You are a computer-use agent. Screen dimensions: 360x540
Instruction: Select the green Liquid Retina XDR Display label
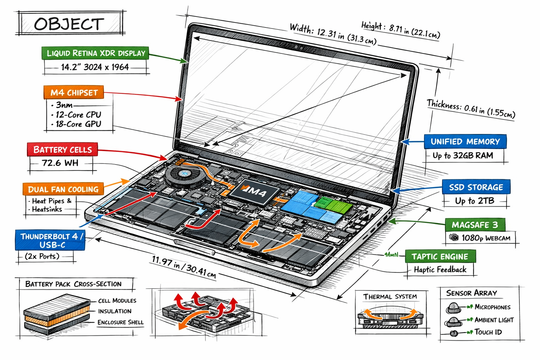[95, 53]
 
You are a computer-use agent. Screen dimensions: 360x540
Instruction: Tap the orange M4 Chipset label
[74, 93]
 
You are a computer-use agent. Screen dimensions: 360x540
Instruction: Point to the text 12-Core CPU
[78, 115]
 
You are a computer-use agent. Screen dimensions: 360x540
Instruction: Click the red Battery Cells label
[63, 150]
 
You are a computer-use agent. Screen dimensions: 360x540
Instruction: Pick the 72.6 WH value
[60, 163]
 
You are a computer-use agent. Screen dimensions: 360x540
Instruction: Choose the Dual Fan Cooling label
[63, 189]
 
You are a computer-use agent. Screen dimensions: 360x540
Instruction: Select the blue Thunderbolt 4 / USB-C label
[50, 240]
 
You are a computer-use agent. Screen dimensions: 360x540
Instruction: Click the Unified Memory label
[465, 142]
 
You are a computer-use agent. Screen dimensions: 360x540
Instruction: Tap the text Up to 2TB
[475, 201]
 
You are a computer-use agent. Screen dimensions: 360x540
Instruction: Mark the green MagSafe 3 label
[475, 225]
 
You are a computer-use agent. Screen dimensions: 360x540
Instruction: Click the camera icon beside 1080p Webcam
[454, 238]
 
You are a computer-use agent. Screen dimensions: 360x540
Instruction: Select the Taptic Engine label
[440, 257]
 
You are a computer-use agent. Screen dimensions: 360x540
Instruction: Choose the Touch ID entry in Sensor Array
[488, 332]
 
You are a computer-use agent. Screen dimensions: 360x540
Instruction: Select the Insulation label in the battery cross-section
[115, 311]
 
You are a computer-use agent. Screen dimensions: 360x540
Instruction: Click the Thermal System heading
[390, 297]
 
